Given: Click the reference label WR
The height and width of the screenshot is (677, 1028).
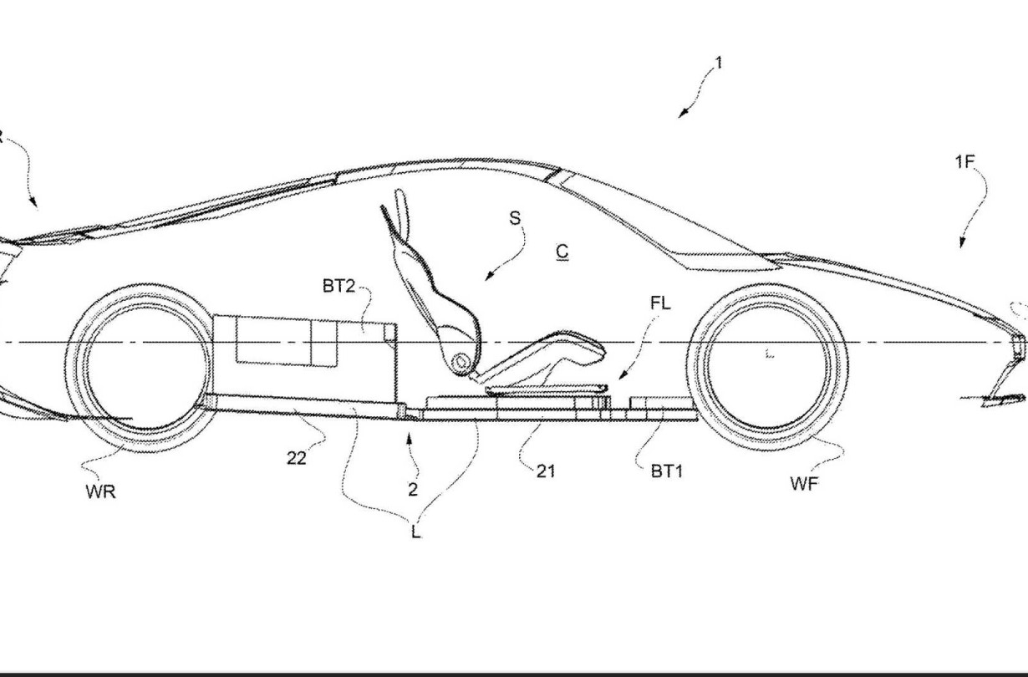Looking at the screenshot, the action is [100, 491].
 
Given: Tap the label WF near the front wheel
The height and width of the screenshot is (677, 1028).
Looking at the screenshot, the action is [804, 483].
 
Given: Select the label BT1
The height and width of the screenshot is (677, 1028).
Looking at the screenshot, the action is [667, 471].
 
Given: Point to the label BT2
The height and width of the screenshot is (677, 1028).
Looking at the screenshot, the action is [338, 286].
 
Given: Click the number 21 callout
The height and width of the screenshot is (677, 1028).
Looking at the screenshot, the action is [546, 471].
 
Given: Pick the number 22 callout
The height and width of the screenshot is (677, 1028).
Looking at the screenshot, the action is [297, 458].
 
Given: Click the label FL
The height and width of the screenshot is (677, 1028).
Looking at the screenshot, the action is [660, 303].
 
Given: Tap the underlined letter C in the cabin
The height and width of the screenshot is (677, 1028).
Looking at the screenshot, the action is [562, 252].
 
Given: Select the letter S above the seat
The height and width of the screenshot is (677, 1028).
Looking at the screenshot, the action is [515, 218].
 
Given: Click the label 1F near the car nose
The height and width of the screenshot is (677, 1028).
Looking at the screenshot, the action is [964, 161].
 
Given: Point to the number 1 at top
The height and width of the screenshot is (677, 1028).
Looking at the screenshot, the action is [719, 63].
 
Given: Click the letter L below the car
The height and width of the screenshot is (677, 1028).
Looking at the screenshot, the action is [415, 532].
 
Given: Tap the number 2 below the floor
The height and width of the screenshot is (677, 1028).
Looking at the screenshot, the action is [413, 490].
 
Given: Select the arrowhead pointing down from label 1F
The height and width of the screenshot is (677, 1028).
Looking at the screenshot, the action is [962, 243].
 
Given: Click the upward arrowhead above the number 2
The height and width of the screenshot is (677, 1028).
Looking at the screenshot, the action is [409, 440].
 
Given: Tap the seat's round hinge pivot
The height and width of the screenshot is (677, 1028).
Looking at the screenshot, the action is [461, 363].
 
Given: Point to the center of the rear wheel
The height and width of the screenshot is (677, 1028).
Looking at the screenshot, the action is [146, 368].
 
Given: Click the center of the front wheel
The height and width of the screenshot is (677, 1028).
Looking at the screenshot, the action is [768, 367].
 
